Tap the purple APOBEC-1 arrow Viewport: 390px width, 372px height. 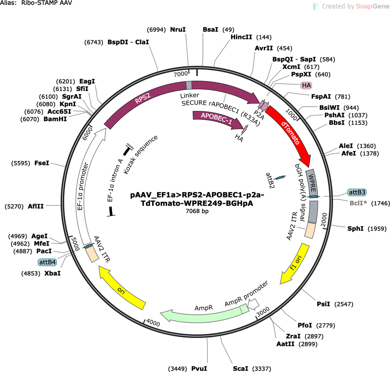pyautogui.click(x=217, y=118)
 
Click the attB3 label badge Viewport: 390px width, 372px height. pyautogui.click(x=357, y=192)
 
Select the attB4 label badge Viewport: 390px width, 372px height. pyautogui.click(x=47, y=262)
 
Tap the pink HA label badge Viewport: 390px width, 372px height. pyautogui.click(x=306, y=85)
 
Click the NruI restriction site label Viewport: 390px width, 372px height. pyautogui.click(x=178, y=29)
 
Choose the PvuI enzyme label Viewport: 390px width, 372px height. pyautogui.click(x=199, y=369)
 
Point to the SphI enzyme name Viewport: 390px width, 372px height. pyautogui.click(x=356, y=229)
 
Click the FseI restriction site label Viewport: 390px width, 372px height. pyautogui.click(x=42, y=163)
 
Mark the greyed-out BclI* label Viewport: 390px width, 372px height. pyautogui.click(x=358, y=203)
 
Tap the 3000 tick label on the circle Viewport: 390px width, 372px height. pyautogui.click(x=263, y=312)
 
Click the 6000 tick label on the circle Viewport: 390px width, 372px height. pyautogui.click(x=88, y=134)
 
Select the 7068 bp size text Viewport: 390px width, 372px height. pyautogui.click(x=197, y=211)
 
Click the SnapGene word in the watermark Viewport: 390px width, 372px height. pyautogui.click(x=373, y=6)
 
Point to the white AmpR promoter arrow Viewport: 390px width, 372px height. pyautogui.click(x=253, y=304)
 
